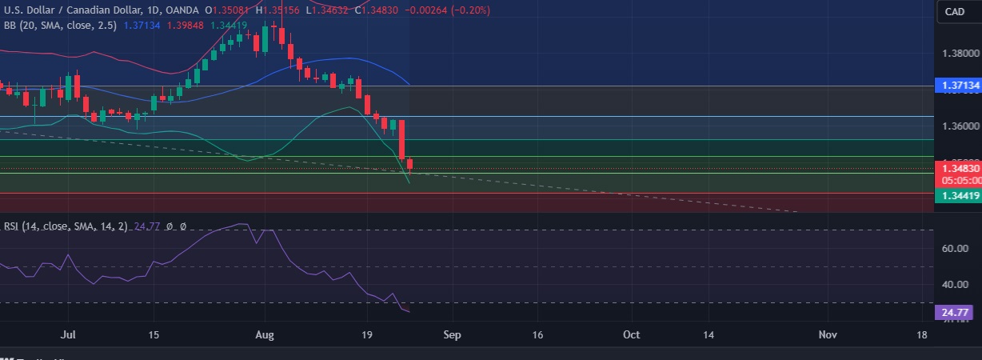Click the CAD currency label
(x=955, y=11)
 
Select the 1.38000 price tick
(x=960, y=54)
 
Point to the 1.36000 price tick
(x=960, y=126)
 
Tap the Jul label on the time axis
(x=70, y=334)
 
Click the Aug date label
(x=265, y=334)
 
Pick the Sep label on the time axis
(x=453, y=334)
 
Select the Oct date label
(x=632, y=334)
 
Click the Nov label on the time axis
(x=828, y=334)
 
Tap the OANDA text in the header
(x=183, y=10)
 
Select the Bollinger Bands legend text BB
(x=10, y=26)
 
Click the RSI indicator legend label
(x=11, y=226)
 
